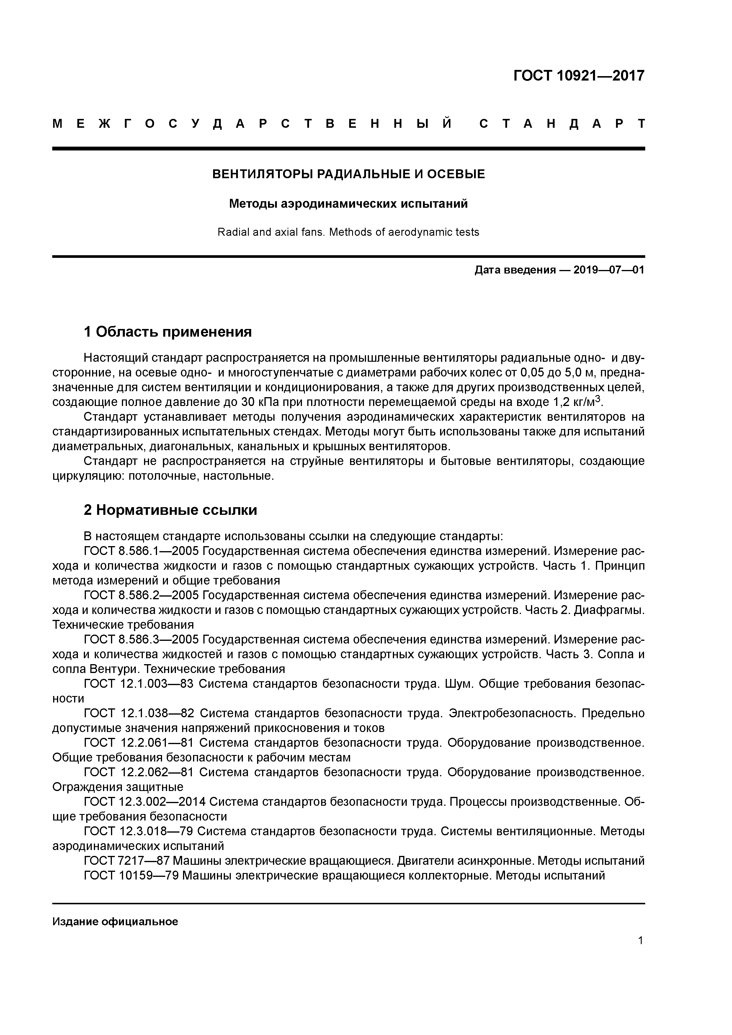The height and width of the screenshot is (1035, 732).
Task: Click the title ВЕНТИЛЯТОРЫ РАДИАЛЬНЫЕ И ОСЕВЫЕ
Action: pyautogui.click(x=348, y=174)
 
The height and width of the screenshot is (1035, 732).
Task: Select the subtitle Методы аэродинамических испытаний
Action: pyautogui.click(x=348, y=204)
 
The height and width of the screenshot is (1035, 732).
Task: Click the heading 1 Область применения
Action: pyautogui.click(x=167, y=332)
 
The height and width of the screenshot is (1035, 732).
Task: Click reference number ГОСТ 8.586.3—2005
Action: pyautogui.click(x=142, y=640)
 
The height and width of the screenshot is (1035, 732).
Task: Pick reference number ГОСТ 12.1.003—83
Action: pyautogui.click(x=138, y=684)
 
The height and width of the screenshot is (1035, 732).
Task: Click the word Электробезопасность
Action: pyautogui.click(x=512, y=713)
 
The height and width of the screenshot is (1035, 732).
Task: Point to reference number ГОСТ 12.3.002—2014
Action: pyautogui.click(x=144, y=802)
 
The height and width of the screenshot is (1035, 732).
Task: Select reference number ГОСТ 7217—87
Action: pyautogui.click(x=126, y=861)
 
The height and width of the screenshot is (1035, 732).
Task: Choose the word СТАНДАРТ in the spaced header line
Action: pyautogui.click(x=561, y=124)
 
